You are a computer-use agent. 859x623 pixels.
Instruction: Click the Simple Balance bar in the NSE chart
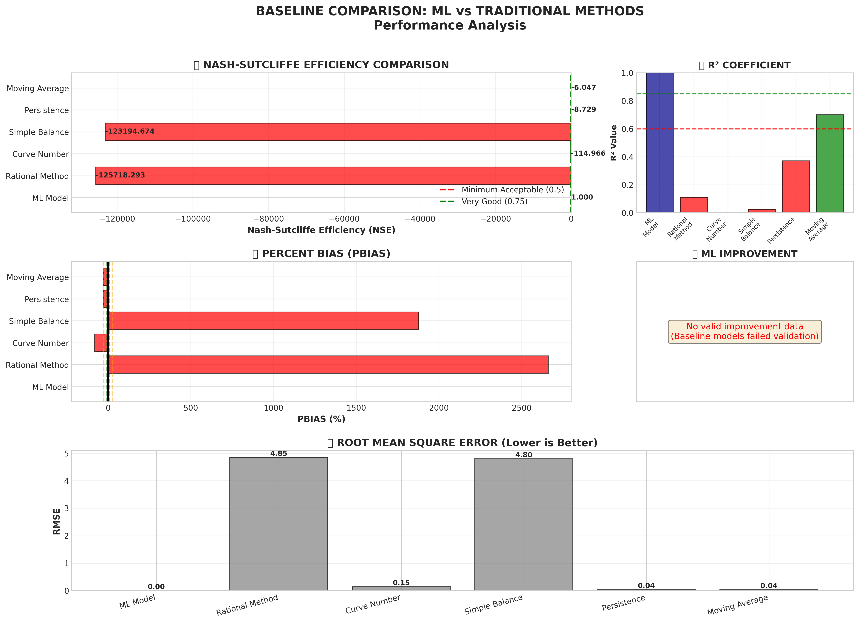[337, 132]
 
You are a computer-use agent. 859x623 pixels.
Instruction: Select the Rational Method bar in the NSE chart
[333, 176]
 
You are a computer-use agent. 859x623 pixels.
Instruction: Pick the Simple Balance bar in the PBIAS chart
[263, 321]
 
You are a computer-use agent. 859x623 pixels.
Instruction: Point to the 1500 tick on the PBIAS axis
[356, 408]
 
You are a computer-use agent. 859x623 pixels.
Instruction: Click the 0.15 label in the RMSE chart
[401, 582]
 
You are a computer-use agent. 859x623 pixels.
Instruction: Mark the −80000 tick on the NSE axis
[269, 219]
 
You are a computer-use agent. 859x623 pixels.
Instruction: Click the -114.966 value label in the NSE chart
[588, 153]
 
